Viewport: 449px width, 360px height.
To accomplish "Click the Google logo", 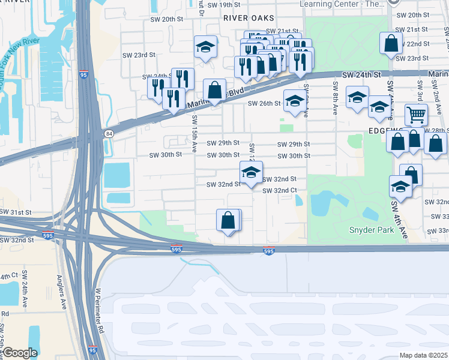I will click(19, 353).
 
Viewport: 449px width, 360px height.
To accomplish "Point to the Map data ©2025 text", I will click(424, 355).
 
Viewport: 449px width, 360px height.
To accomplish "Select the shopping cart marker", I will click(416, 114).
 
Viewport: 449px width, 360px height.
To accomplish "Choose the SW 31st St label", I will click(16, 212).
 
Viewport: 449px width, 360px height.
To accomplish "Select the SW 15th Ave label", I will click(193, 136).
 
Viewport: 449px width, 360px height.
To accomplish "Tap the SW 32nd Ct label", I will click(280, 190).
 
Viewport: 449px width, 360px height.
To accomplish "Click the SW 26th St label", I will click(265, 103).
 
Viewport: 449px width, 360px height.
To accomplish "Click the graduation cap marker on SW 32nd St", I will click(251, 172).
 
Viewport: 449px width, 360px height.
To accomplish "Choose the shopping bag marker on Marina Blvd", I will click(214, 91).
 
